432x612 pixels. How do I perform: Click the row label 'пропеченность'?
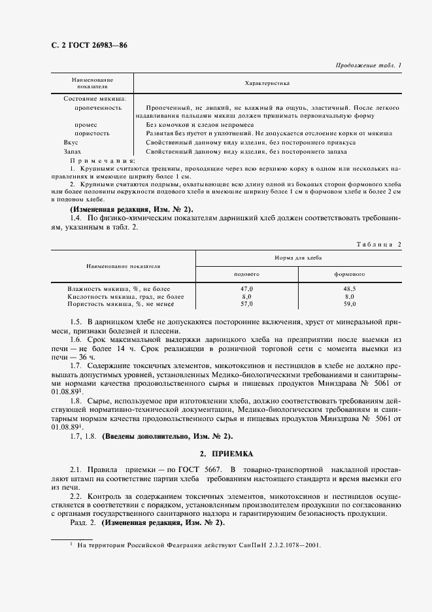(97, 107)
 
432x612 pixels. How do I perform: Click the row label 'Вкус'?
(71, 142)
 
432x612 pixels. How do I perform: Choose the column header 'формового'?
(350, 274)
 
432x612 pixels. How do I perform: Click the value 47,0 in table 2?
(247, 288)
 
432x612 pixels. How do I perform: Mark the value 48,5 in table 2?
(350, 288)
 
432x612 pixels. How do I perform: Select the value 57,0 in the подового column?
(247, 304)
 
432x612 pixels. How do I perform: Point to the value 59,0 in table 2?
(350, 304)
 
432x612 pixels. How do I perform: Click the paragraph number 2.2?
(76, 497)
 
